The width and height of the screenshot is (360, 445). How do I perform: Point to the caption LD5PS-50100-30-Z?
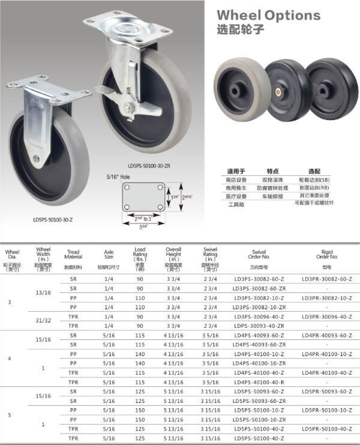(53, 220)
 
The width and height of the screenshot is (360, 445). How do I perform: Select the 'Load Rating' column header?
(139, 256)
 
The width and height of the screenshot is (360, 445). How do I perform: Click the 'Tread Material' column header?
(73, 256)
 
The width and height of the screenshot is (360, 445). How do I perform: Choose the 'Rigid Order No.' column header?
(326, 256)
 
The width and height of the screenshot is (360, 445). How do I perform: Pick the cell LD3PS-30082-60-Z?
(259, 279)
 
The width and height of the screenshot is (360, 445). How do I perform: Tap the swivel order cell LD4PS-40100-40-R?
(259, 381)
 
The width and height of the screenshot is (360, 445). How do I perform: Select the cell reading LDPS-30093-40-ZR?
(259, 325)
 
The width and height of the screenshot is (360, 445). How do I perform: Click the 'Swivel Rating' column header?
(210, 256)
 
